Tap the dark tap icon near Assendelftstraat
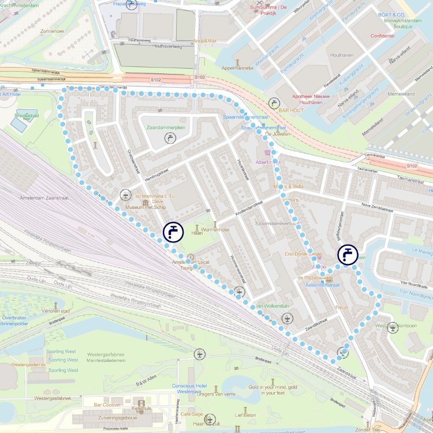coord(348,254)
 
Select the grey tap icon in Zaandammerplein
coord(170,137)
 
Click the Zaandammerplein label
coord(166,127)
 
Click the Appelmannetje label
coord(237,68)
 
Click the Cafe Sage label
coord(192,415)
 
